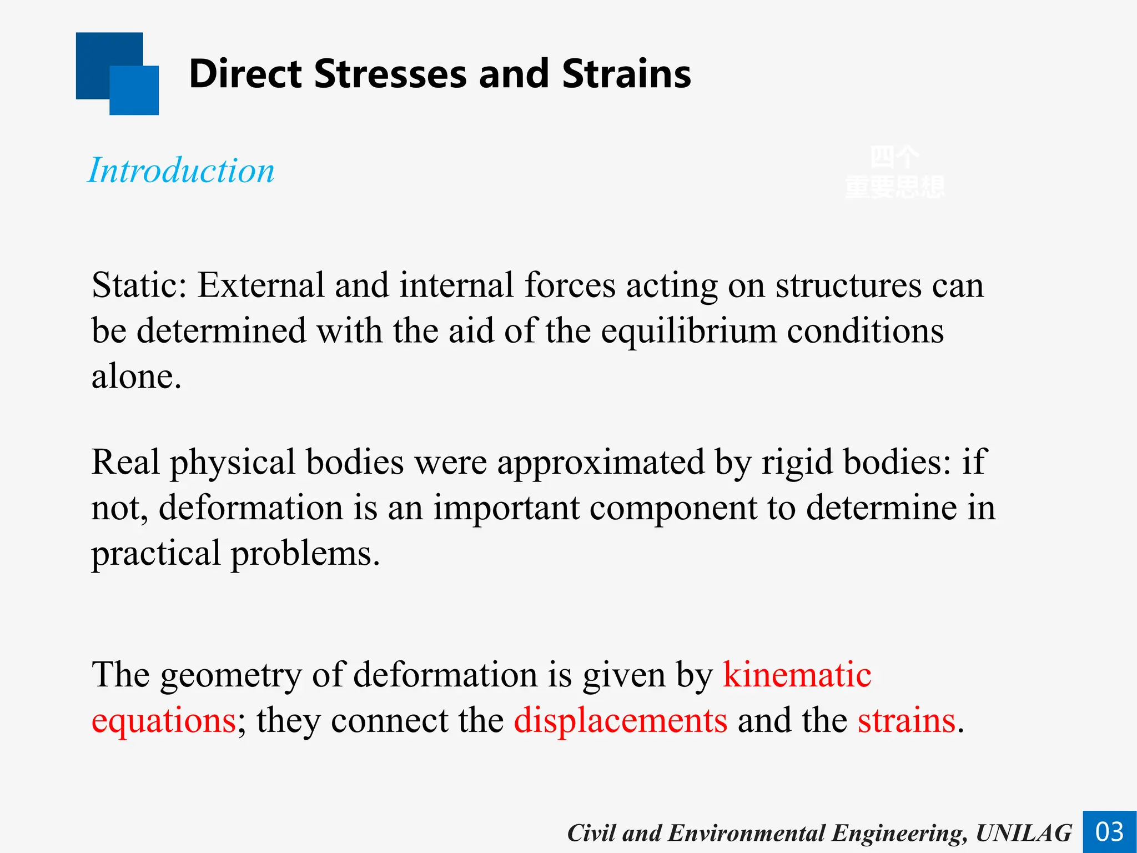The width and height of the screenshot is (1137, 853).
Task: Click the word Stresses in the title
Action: [x=390, y=74]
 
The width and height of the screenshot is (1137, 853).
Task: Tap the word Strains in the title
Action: [x=626, y=74]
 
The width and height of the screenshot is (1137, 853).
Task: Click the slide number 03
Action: [x=1109, y=832]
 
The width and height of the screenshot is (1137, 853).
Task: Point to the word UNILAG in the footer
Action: [x=1023, y=833]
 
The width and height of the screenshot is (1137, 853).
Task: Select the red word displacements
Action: [x=620, y=720]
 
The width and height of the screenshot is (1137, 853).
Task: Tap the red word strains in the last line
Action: [x=906, y=720]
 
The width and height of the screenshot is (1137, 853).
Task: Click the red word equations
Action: [x=164, y=721]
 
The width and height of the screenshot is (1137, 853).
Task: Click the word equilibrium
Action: [x=689, y=331]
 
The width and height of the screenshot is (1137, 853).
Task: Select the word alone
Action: [x=136, y=377]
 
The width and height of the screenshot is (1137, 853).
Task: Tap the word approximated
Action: [x=601, y=462]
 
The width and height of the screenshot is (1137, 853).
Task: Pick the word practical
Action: [x=156, y=554]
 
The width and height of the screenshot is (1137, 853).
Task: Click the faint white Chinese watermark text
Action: [x=894, y=172]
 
